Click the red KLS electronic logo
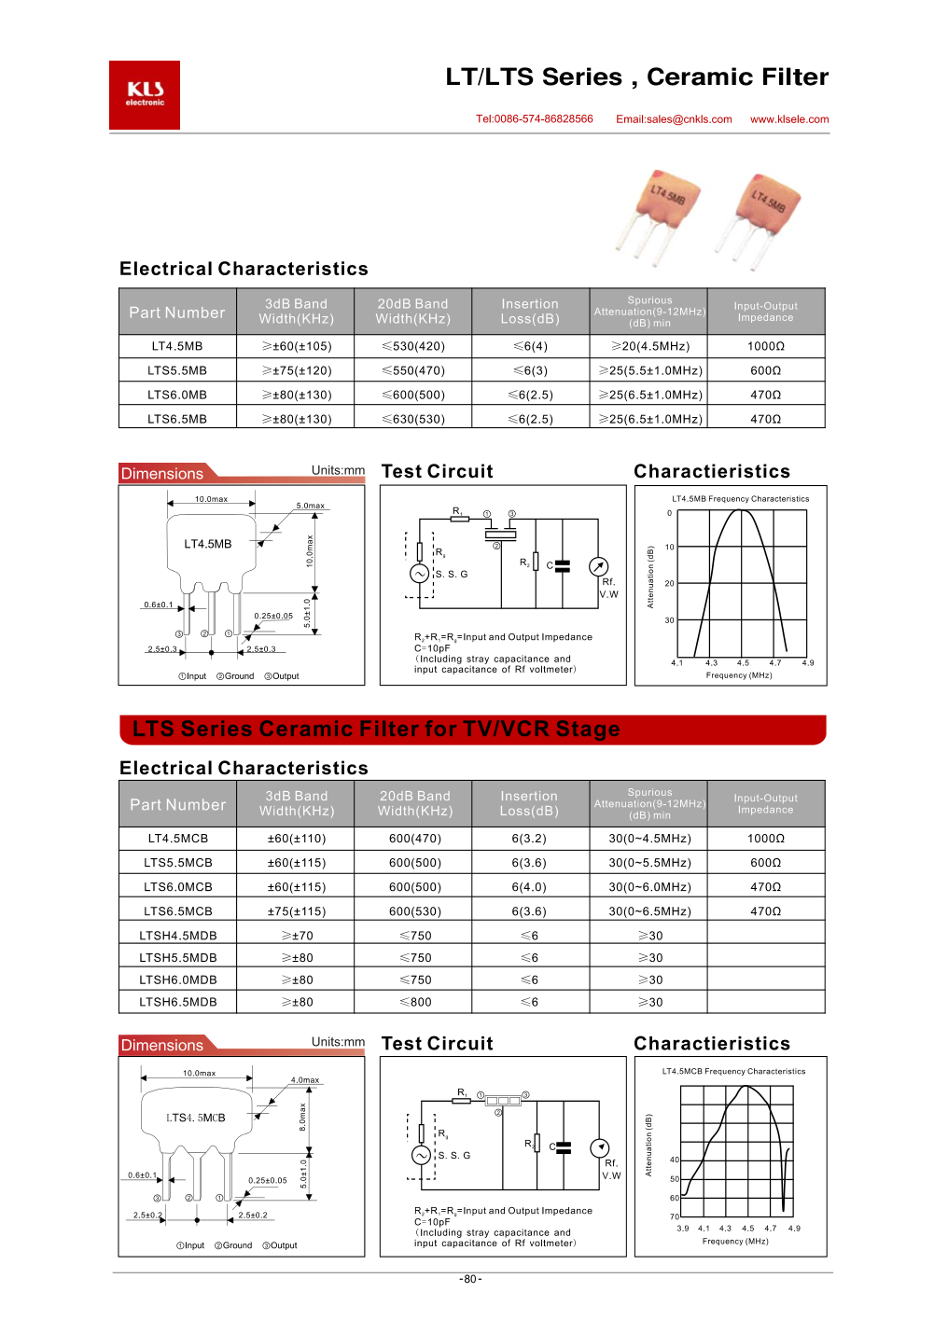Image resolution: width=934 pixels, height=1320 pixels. [145, 95]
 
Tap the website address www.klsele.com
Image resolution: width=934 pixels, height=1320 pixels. [789, 119]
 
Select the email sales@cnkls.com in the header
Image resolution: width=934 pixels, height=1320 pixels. [674, 119]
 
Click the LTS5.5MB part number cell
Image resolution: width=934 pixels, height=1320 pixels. [177, 370]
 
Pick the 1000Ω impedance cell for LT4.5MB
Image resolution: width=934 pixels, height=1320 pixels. [766, 346]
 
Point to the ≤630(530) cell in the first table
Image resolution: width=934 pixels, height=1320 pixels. [413, 419]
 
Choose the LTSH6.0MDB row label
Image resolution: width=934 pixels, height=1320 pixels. [178, 980]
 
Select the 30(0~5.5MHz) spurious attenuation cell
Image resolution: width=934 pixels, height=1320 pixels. [649, 863]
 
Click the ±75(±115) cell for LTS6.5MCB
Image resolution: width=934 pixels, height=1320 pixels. [297, 911]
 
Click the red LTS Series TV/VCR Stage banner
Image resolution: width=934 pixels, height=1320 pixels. [472, 729]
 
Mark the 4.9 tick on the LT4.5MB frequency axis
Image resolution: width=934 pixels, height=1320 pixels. [808, 663]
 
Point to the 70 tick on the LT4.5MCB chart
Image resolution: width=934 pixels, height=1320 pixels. [675, 1216]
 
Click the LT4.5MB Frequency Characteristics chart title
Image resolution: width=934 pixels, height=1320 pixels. [740, 499]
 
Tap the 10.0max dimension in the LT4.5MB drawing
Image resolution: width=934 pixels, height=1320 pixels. [211, 499]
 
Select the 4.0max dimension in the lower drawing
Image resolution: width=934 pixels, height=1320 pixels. [305, 1080]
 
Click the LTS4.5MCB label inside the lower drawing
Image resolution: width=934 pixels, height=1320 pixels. [196, 1118]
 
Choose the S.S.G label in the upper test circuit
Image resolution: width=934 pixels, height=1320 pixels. [452, 575]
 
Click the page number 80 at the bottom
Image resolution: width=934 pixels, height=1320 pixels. [470, 1279]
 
